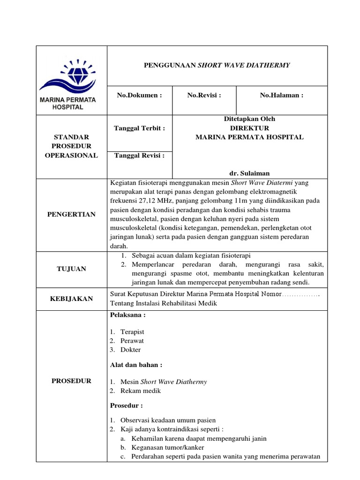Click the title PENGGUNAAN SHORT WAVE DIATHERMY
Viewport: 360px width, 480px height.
217,65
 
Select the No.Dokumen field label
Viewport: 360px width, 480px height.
139,95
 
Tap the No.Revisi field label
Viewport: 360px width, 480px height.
204,95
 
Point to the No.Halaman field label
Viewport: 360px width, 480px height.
282,95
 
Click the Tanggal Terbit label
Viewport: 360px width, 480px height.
139,128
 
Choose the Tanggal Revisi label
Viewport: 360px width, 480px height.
139,156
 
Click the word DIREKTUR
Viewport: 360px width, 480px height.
249,128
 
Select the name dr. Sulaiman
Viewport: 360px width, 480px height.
249,173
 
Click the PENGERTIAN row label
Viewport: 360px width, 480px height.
71,214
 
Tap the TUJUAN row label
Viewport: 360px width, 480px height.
71,269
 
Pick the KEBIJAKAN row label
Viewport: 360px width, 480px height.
71,299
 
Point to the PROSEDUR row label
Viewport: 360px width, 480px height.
71,381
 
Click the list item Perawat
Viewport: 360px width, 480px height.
132,341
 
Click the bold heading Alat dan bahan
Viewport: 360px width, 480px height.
136,365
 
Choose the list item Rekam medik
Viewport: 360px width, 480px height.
141,390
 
